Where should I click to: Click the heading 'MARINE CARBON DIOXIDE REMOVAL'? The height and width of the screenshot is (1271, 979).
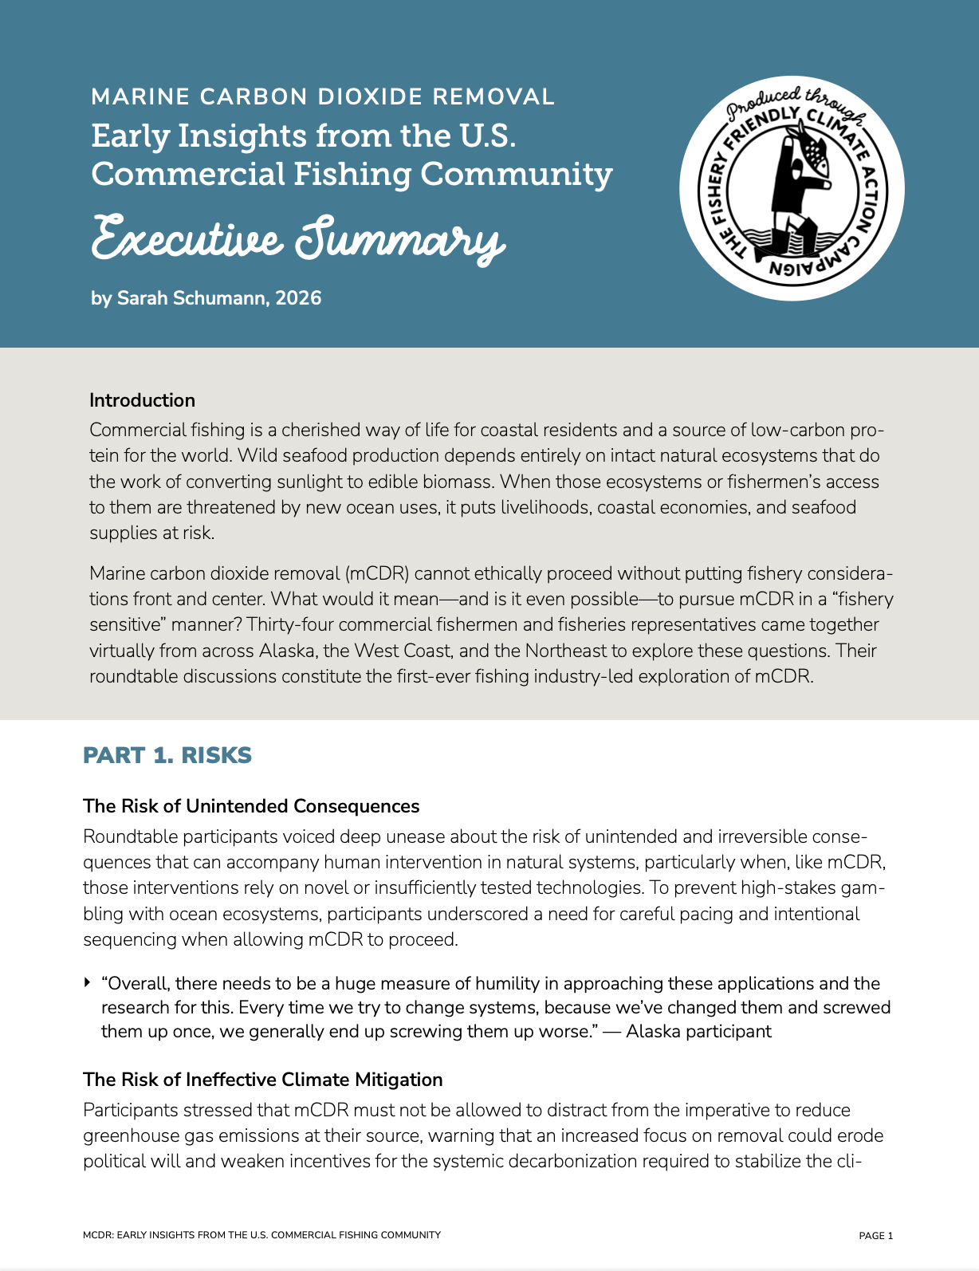[322, 97]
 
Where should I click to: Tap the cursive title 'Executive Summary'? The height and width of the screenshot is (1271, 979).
[298, 238]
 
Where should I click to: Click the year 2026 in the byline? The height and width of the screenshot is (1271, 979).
[298, 298]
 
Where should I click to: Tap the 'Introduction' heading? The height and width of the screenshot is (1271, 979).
[142, 400]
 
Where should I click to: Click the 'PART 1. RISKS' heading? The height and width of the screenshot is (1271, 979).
[167, 755]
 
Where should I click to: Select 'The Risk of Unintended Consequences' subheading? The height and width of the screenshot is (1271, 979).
[251, 806]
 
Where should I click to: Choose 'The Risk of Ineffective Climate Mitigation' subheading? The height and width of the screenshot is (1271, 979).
[262, 1080]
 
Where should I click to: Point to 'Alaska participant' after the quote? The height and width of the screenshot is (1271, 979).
[698, 1032]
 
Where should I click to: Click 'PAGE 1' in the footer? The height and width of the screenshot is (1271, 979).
[875, 1236]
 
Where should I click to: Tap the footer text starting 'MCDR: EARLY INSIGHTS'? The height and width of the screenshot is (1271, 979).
[261, 1235]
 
